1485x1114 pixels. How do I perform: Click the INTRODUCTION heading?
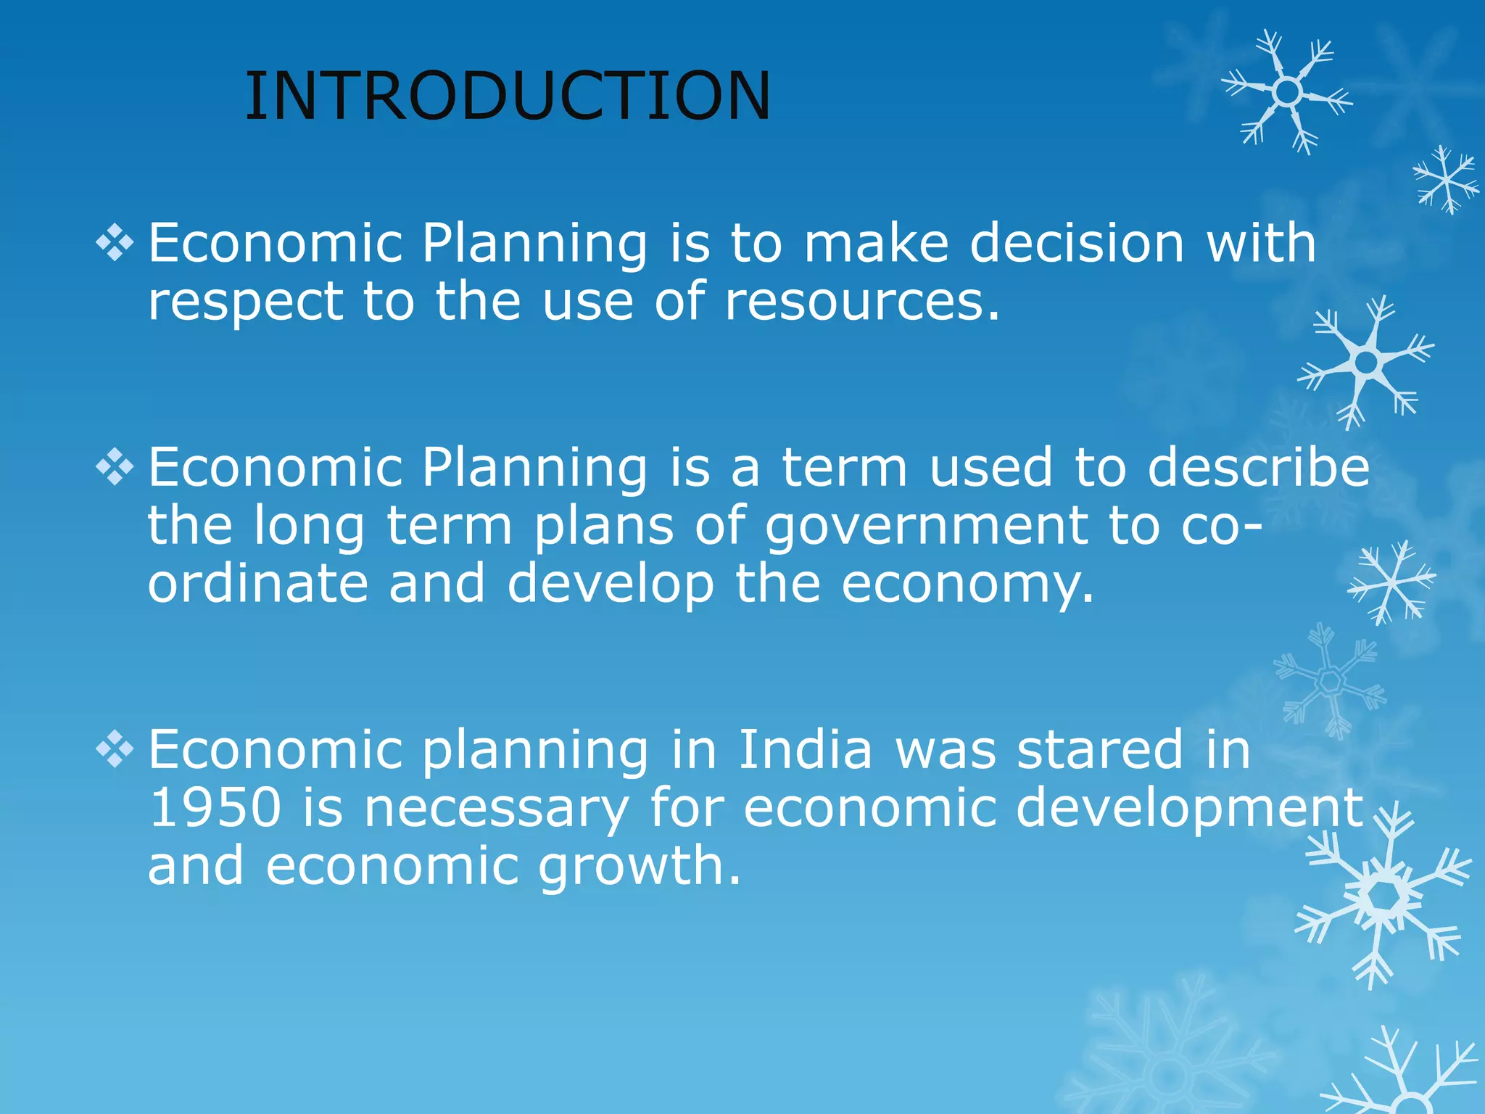(x=508, y=96)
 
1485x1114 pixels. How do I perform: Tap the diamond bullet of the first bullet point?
(x=115, y=243)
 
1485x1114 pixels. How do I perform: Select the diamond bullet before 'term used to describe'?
(x=115, y=467)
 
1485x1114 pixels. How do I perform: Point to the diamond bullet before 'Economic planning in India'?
(x=115, y=749)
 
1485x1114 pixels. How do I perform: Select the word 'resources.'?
(x=862, y=301)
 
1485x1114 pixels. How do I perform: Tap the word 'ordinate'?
(x=258, y=584)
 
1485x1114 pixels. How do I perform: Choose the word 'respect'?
(x=245, y=301)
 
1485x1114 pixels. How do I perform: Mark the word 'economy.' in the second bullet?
(x=967, y=584)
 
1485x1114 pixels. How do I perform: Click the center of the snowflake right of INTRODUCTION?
(x=1287, y=92)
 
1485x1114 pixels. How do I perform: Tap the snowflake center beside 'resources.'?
(x=1366, y=362)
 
